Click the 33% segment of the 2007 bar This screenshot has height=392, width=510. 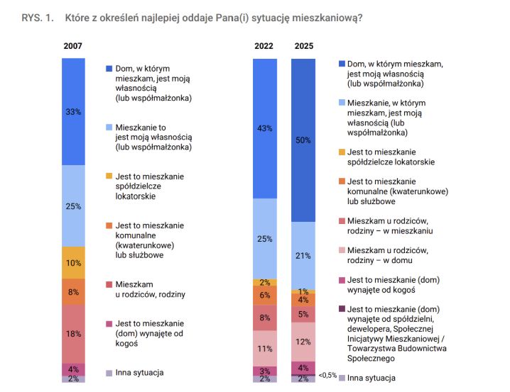(73, 111)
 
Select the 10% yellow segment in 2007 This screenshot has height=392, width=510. (73, 262)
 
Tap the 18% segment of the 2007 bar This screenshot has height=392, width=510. (73, 334)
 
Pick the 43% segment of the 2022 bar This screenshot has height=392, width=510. (265, 128)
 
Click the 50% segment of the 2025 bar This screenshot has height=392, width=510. (303, 140)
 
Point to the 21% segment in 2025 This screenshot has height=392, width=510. (303, 256)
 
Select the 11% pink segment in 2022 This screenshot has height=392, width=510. (265, 348)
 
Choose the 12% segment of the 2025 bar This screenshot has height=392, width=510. (303, 342)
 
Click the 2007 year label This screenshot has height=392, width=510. (72, 46)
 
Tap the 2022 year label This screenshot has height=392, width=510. (264, 46)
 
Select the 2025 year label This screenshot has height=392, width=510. (304, 46)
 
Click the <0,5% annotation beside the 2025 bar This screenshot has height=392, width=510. (327, 375)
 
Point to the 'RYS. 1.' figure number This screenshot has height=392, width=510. (38, 18)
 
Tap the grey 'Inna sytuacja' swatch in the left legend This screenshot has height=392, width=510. (109, 373)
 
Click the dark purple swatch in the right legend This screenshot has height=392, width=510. (342, 308)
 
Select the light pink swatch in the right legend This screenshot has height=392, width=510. (342, 250)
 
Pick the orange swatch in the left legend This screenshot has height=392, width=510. (109, 225)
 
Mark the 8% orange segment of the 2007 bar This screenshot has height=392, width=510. (73, 292)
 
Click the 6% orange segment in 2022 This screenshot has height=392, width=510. (265, 296)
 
